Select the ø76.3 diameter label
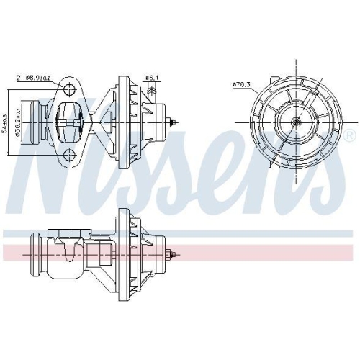point(239,84)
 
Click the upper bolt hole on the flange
point(69,91)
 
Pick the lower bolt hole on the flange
point(69,156)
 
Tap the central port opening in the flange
point(69,122)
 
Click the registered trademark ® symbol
point(349,136)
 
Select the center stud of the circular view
point(295,122)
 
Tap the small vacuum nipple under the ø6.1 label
point(151,92)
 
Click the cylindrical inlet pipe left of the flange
point(40,122)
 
